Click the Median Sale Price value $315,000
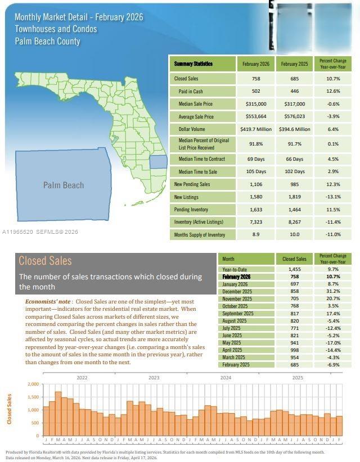click(x=256, y=104)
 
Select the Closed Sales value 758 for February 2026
click(x=256, y=79)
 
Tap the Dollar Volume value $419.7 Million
click(x=256, y=129)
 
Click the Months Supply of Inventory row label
click(x=200, y=234)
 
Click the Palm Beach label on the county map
click(x=64, y=185)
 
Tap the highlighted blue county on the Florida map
click(x=159, y=162)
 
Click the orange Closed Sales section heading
click(x=45, y=261)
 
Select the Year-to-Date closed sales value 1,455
click(x=294, y=270)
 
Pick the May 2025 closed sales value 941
click(x=294, y=343)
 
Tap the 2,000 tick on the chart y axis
click(x=33, y=384)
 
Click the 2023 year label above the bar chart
click(x=154, y=378)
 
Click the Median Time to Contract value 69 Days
click(x=256, y=158)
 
